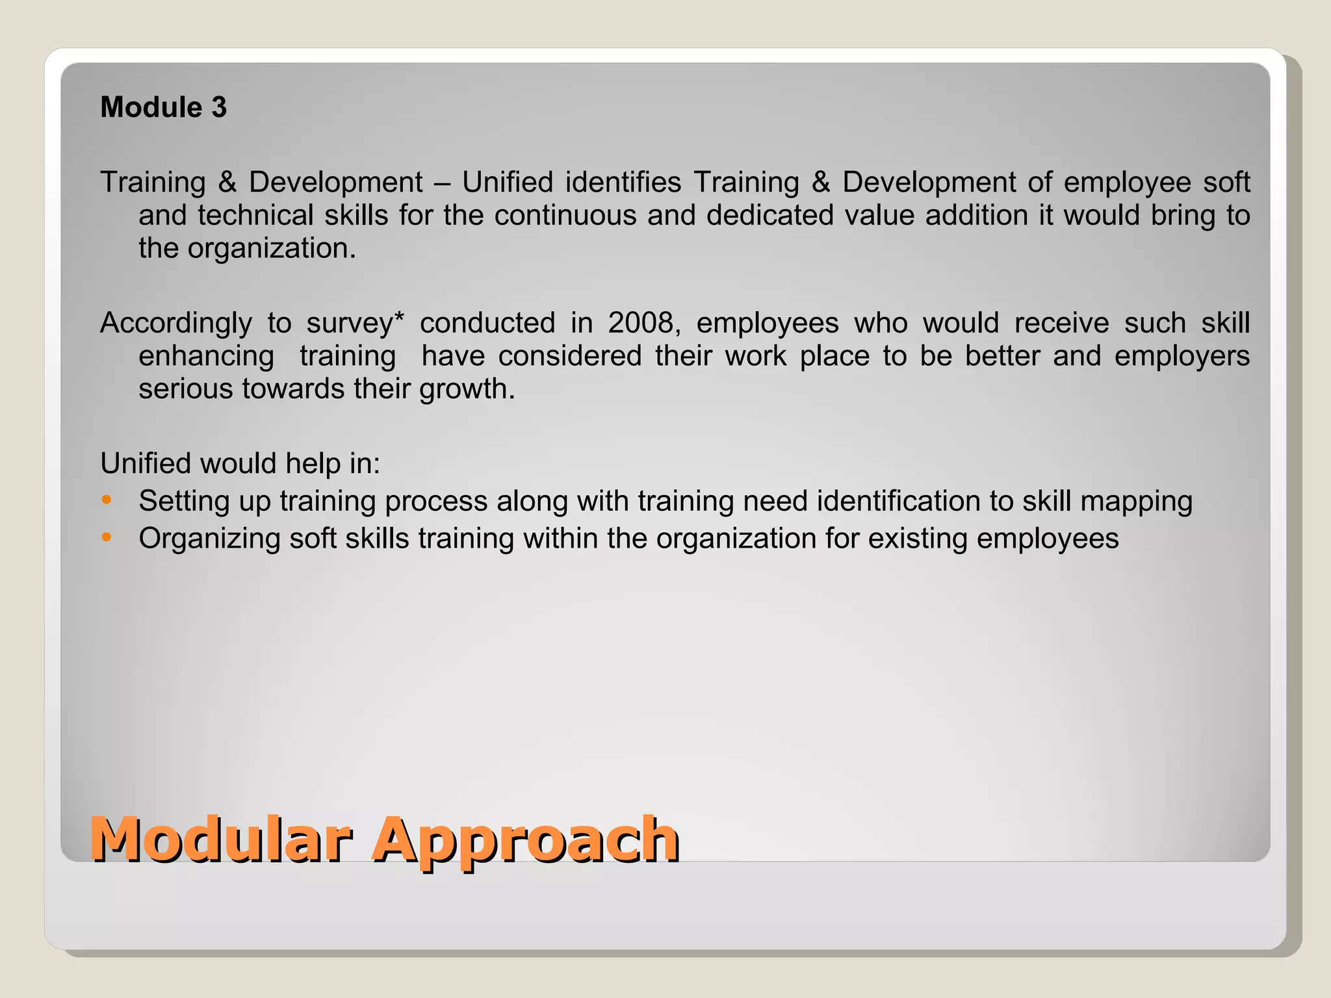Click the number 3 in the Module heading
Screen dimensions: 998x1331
219,108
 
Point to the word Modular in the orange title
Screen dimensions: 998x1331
221,839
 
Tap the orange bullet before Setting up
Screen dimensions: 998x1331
107,500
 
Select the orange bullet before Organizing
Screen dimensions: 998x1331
107,537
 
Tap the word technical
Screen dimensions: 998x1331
255,216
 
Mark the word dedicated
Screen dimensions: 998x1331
769,216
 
